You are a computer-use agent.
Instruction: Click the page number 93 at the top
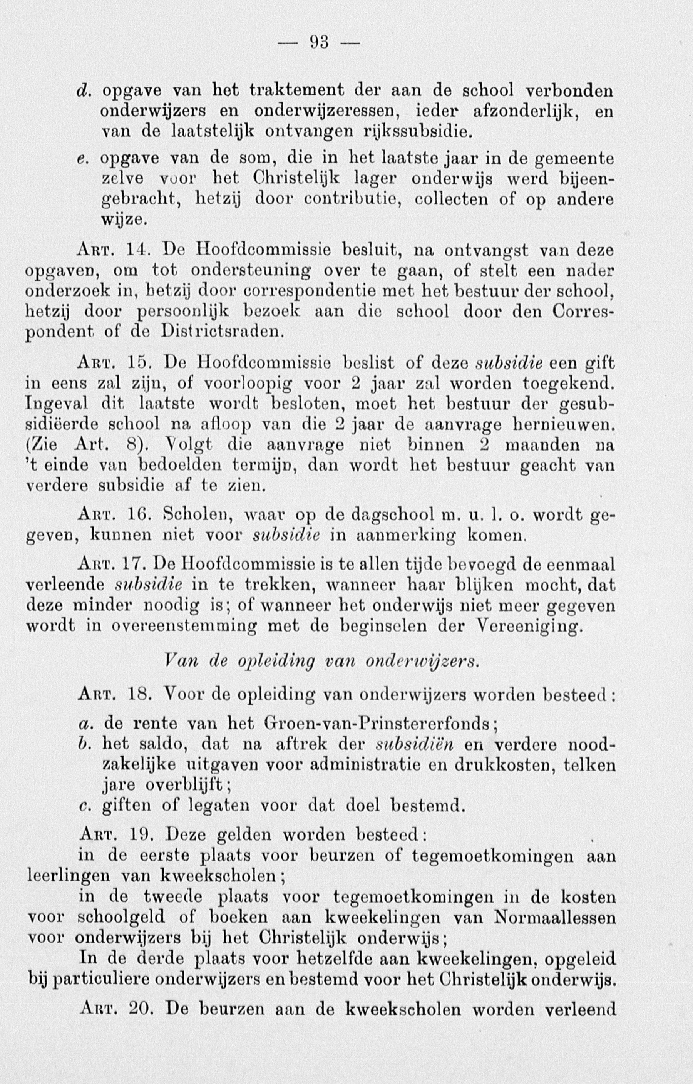[x=320, y=43]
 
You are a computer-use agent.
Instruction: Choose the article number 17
[x=142, y=565]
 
